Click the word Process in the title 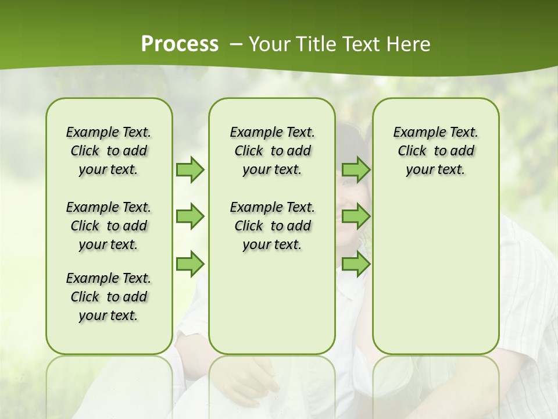[180, 44]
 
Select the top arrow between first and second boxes [190, 170]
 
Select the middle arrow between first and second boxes [190, 217]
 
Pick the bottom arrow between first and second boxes [190, 264]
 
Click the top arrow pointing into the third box [356, 170]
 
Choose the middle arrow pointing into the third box [356, 217]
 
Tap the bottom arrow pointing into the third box [356, 264]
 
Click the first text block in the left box [109, 151]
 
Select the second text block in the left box [109, 226]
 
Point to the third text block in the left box [109, 297]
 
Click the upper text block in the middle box [272, 151]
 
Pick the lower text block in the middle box [272, 226]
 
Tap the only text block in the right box [435, 151]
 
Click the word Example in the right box [414, 133]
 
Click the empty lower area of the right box [435, 279]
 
